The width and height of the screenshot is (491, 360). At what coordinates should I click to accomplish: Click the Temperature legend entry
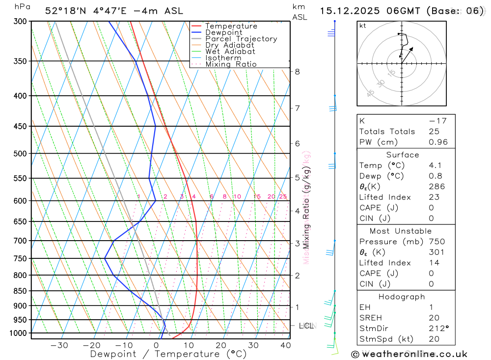pyautogui.click(x=231, y=26)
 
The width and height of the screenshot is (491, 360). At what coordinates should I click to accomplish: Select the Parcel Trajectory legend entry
pyautogui.click(x=241, y=39)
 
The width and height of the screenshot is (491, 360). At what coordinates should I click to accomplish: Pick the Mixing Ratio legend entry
pyautogui.click(x=231, y=64)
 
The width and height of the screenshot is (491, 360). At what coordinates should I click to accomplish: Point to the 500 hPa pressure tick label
pyautogui.click(x=20, y=153)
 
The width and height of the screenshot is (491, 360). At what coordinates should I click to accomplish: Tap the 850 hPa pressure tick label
pyautogui.click(x=20, y=291)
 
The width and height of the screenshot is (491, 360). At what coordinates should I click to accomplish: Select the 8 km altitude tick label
pyautogui.click(x=297, y=71)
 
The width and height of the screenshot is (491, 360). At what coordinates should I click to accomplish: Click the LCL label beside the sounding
pyautogui.click(x=306, y=326)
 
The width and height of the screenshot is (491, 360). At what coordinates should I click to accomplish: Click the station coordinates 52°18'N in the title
pyautogui.click(x=64, y=11)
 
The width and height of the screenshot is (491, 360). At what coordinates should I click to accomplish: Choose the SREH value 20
pyautogui.click(x=434, y=318)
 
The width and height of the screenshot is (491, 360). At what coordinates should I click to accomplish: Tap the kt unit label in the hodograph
pyautogui.click(x=362, y=26)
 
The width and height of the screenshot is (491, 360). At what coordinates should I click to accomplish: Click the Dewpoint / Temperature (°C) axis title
pyautogui.click(x=168, y=354)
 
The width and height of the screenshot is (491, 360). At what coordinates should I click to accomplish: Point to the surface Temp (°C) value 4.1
pyautogui.click(x=435, y=166)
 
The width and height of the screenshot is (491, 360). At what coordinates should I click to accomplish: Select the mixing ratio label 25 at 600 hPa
pyautogui.click(x=283, y=196)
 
